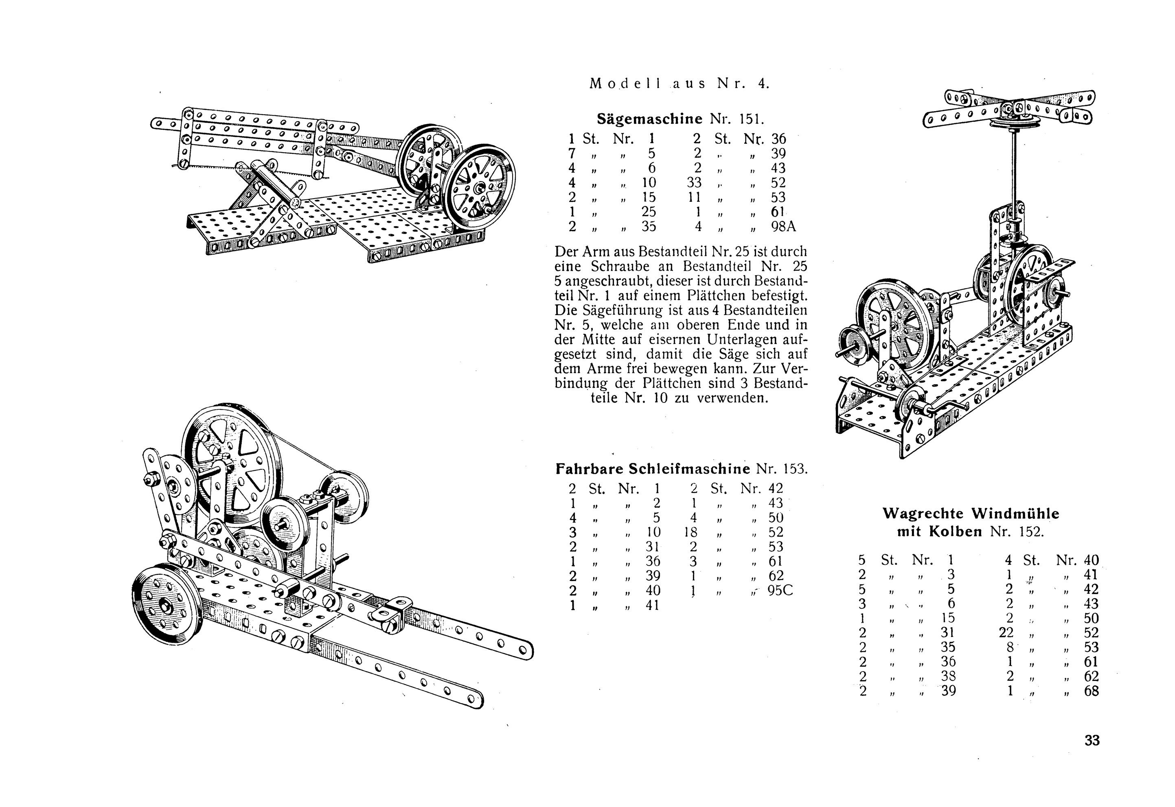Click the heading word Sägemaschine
tap(649, 119)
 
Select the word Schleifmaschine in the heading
tap(689, 469)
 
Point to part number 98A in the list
tap(783, 227)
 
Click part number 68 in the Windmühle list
tap(1092, 691)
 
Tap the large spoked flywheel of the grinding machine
tap(232, 465)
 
